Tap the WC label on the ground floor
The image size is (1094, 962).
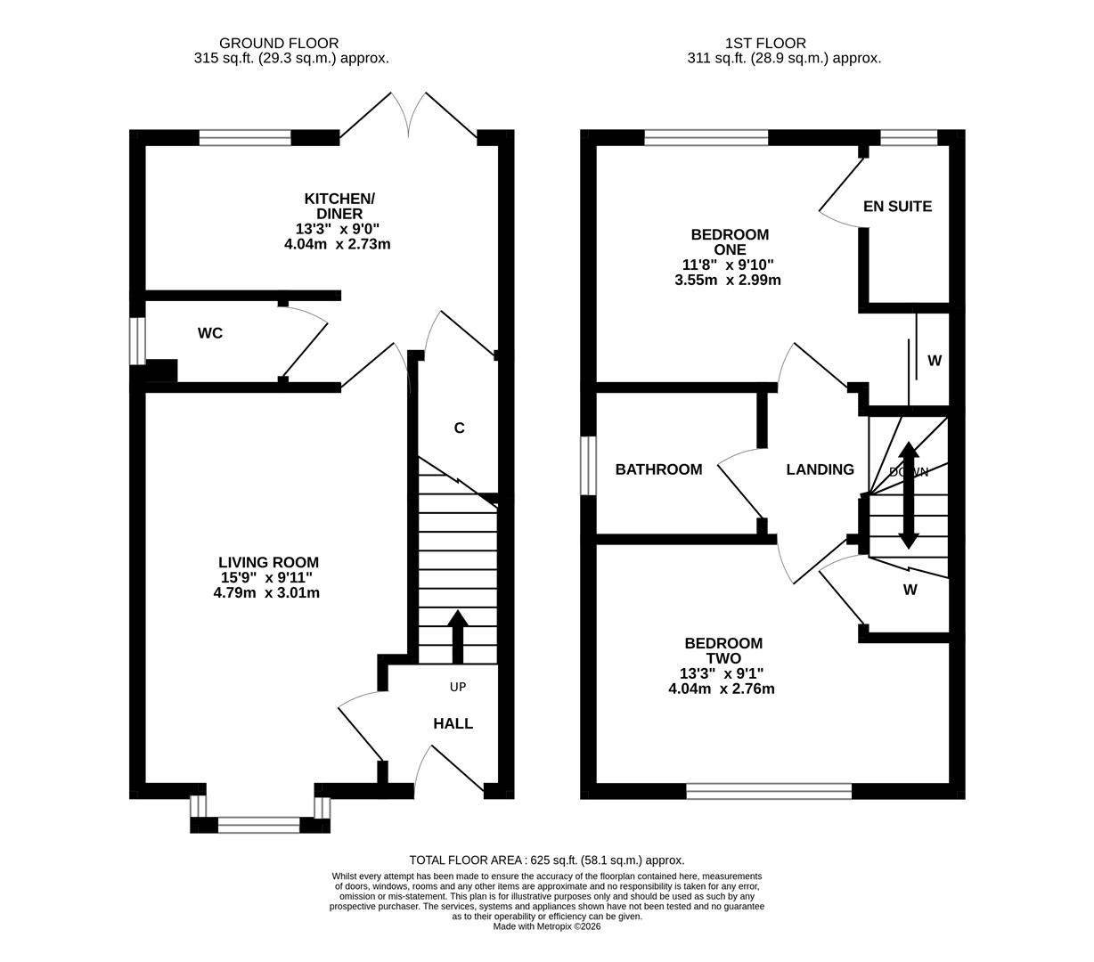pyautogui.click(x=210, y=333)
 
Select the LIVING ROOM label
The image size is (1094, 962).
pyautogui.click(x=268, y=562)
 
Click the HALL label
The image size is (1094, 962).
pyautogui.click(x=453, y=723)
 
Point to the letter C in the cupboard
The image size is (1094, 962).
pyautogui.click(x=459, y=428)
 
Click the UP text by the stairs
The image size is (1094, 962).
pyautogui.click(x=458, y=687)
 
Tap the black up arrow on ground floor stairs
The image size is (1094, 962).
pyautogui.click(x=458, y=636)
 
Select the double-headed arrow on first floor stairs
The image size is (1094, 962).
pyautogui.click(x=908, y=494)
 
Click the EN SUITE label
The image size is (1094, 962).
pyautogui.click(x=897, y=207)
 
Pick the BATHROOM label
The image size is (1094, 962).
pyautogui.click(x=658, y=469)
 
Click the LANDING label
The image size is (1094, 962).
pyautogui.click(x=820, y=469)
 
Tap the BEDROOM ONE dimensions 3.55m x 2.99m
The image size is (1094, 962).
pyautogui.click(x=728, y=280)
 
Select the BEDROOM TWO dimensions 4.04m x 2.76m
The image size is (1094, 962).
pyautogui.click(x=722, y=689)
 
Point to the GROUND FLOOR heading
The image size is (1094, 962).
pyautogui.click(x=279, y=43)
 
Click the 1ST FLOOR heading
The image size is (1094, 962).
pyautogui.click(x=765, y=43)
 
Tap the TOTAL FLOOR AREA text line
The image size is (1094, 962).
pyautogui.click(x=547, y=860)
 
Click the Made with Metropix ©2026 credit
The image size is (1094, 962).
pyautogui.click(x=547, y=926)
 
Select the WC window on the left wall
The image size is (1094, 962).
pyautogui.click(x=136, y=340)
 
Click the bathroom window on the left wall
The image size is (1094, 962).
pyautogui.click(x=588, y=465)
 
